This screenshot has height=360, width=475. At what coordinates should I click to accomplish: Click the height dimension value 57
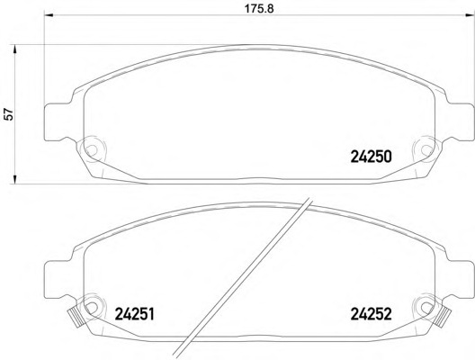(9, 114)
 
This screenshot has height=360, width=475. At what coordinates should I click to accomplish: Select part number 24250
(370, 155)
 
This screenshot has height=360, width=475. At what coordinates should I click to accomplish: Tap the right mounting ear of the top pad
(455, 118)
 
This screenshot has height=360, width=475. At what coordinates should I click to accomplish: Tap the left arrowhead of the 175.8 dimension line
(49, 18)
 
